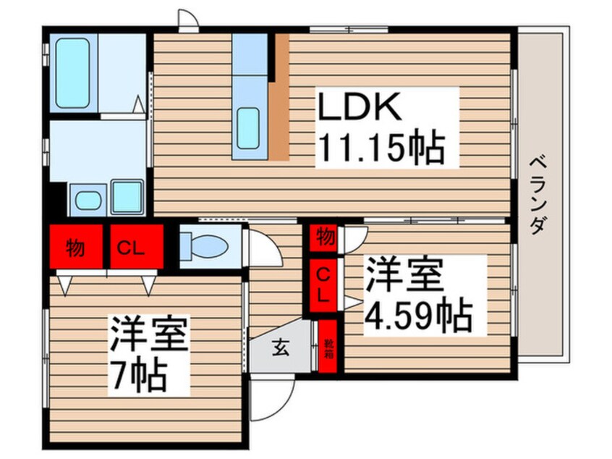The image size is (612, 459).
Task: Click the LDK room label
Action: [360, 106]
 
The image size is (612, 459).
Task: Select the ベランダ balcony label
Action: [537, 195]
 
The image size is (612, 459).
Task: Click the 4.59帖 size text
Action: [418, 315]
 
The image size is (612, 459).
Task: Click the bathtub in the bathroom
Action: [72, 73]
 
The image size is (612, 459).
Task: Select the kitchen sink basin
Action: [248, 128]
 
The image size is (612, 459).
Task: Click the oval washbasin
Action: [88, 201]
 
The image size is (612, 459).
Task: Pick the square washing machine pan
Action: [127, 197]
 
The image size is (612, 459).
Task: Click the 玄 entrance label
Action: [281, 348]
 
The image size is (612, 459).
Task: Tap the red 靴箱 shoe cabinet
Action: [328, 346]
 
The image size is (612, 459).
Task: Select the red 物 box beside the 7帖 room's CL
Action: [76, 246]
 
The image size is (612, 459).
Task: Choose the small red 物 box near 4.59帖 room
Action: [323, 237]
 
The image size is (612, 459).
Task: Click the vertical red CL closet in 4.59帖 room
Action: [323, 285]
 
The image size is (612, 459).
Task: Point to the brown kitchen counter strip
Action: [280, 97]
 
